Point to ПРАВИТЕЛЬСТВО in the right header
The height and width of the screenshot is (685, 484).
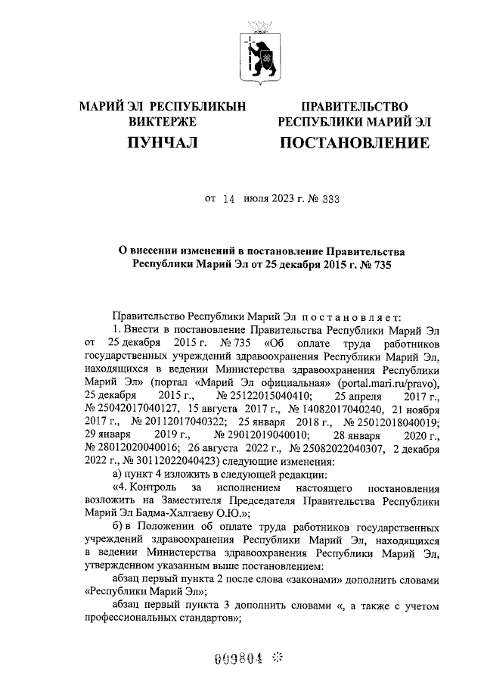click(355, 107)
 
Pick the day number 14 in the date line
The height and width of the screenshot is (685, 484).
click(229, 200)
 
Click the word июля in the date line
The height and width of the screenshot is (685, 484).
click(258, 200)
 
